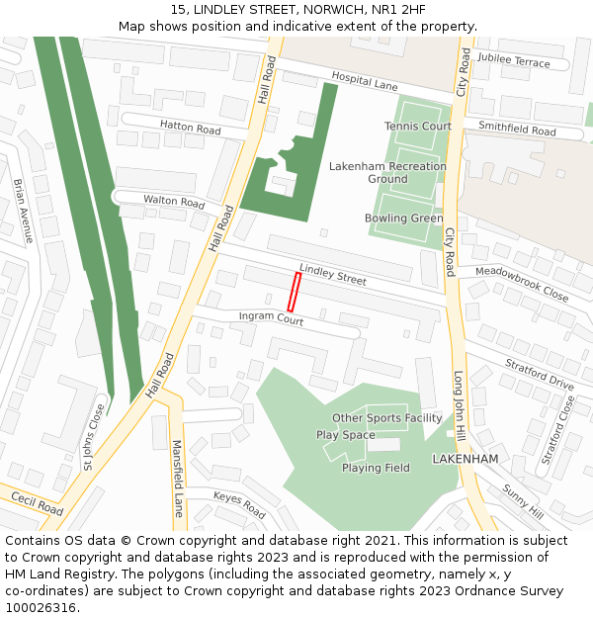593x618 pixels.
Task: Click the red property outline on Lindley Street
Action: point(294,293)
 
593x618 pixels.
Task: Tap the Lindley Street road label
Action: point(333,275)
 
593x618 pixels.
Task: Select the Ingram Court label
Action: point(271,319)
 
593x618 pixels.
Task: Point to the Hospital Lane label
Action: point(365,81)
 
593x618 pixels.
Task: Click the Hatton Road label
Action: point(191,127)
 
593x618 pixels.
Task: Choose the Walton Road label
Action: point(174,201)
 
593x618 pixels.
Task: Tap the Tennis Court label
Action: point(417,127)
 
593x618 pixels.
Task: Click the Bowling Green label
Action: point(403,219)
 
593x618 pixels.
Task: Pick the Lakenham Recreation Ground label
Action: point(387,173)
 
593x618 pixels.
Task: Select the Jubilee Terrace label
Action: point(513,61)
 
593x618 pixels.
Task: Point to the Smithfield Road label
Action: point(517,129)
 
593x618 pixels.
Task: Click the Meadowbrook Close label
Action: point(521,283)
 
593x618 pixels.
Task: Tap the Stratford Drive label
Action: point(540,376)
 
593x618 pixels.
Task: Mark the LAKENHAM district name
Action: point(465,460)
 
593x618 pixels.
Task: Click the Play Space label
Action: point(345,435)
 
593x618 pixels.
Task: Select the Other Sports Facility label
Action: point(386,418)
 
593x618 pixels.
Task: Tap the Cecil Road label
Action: point(38,505)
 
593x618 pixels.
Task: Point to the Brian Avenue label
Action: point(23,211)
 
